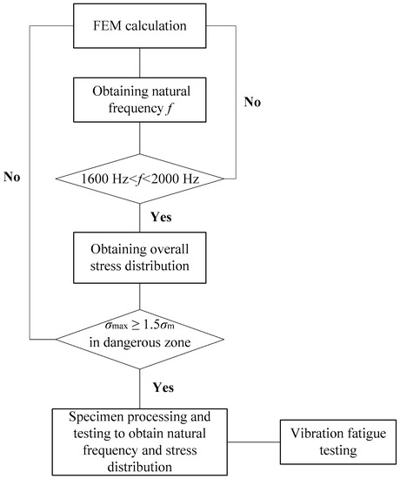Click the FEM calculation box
[x=139, y=25]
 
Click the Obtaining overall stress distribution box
[x=139, y=252]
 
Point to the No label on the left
[x=13, y=178]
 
